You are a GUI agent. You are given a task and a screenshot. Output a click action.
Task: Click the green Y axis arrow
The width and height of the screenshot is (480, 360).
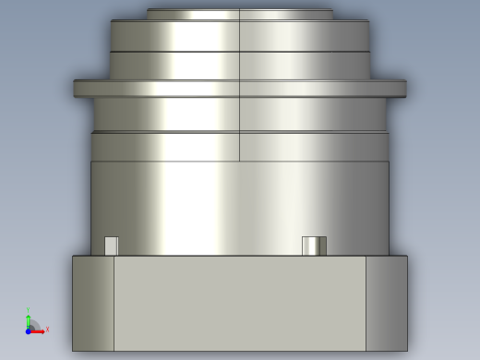tap(29, 319)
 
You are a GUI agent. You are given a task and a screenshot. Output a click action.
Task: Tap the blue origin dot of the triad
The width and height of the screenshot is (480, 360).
tap(29, 330)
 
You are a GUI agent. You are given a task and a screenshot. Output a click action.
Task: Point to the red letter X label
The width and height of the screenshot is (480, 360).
tap(47, 330)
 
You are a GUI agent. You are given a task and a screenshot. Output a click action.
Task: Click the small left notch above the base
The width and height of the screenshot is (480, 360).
tap(111, 246)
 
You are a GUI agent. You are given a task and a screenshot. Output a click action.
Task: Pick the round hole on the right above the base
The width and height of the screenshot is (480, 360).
tap(314, 246)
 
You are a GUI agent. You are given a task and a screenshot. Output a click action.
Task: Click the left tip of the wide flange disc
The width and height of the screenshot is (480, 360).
tap(77, 89)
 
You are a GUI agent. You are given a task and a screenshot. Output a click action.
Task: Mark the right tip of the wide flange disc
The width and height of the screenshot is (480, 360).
tap(403, 89)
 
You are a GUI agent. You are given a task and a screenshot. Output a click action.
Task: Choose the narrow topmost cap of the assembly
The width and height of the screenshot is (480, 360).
tap(240, 14)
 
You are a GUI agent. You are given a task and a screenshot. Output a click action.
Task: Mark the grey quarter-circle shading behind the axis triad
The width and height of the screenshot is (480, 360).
tap(35, 325)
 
